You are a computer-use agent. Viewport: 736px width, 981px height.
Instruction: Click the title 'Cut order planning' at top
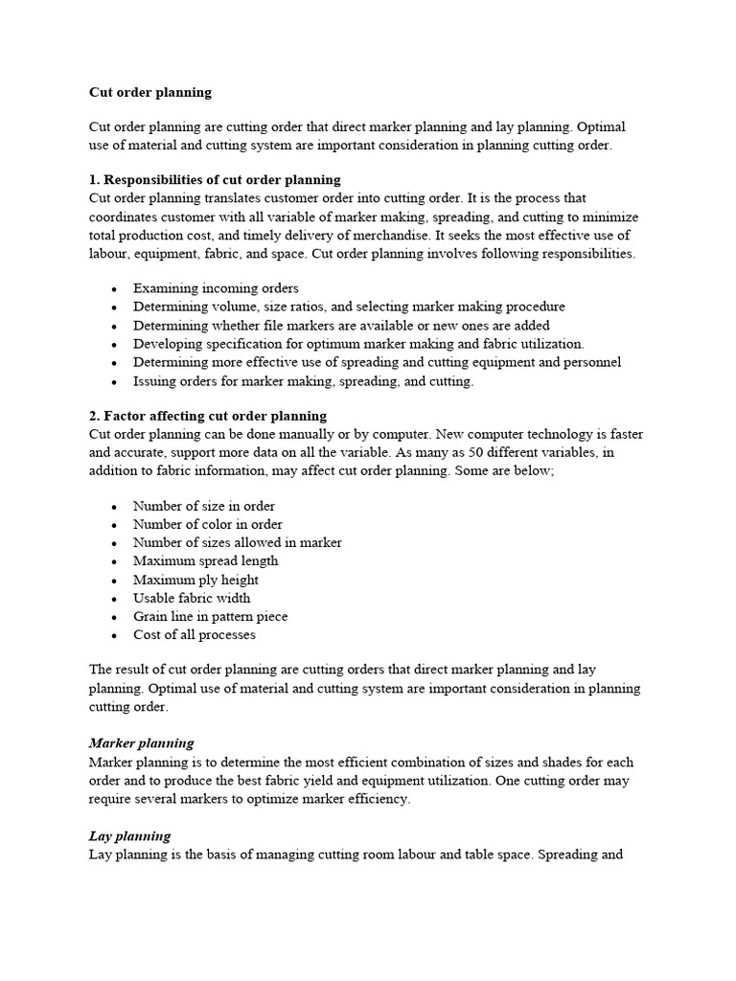(x=150, y=93)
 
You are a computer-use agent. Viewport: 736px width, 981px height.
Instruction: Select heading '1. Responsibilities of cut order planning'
(x=215, y=180)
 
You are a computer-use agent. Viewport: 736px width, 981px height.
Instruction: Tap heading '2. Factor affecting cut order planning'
(x=208, y=416)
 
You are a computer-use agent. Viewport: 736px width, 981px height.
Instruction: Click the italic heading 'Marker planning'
(x=141, y=743)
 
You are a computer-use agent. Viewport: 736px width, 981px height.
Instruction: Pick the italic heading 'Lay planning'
(x=129, y=836)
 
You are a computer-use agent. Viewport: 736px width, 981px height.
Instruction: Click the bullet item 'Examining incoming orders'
(x=216, y=288)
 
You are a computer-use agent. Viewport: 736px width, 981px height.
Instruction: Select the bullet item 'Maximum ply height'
(x=195, y=580)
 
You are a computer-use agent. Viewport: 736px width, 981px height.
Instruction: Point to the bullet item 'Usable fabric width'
(x=192, y=598)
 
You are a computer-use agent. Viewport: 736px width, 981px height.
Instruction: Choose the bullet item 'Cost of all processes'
(x=195, y=634)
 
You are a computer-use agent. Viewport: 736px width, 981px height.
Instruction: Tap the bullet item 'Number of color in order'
(x=208, y=524)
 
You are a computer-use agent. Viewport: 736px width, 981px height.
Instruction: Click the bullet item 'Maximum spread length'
(x=206, y=561)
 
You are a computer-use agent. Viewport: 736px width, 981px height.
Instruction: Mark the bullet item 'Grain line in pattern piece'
(x=210, y=616)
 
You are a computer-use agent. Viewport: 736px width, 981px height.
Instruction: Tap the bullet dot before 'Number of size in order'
(x=115, y=507)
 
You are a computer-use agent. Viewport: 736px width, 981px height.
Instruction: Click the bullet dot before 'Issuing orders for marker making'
(x=115, y=382)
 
